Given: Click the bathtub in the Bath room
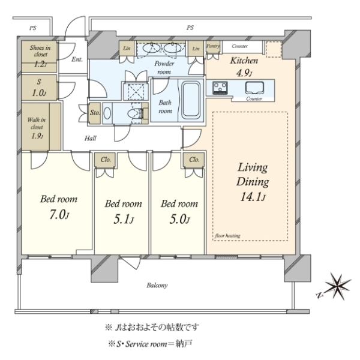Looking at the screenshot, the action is click(x=191, y=100).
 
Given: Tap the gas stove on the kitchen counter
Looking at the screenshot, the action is click(x=220, y=88).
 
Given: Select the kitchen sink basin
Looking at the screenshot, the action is click(x=254, y=88).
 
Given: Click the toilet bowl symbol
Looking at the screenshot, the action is click(x=134, y=113).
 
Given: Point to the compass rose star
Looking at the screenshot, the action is click(x=338, y=286).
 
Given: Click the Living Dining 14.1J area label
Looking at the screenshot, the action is click(x=253, y=182).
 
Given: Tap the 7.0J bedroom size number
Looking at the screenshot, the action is click(x=59, y=215).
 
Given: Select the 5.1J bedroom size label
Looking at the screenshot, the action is click(x=123, y=220).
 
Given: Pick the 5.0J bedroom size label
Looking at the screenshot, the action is click(x=179, y=220).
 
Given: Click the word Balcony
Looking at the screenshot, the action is click(x=157, y=286).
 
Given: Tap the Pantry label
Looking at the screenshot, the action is click(x=213, y=46).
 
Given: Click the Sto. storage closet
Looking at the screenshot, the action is click(x=95, y=113).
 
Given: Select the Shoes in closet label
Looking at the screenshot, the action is click(x=40, y=51).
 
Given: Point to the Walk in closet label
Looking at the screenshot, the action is click(x=37, y=124).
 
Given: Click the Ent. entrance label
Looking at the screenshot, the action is click(x=77, y=59).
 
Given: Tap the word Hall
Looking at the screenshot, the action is click(x=90, y=138).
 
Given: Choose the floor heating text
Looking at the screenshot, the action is click(x=227, y=236).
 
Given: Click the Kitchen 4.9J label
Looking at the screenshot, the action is click(x=244, y=67).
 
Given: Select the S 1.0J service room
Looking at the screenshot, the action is click(x=39, y=88).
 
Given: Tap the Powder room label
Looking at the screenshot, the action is click(x=164, y=67).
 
